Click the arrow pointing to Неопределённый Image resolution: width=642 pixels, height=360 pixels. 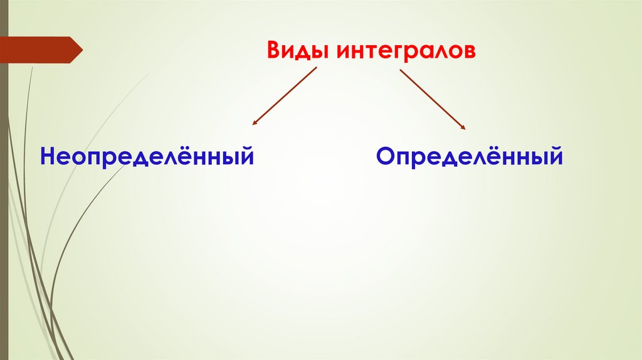click(x=285, y=96)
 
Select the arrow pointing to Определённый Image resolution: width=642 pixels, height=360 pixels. click(x=433, y=98)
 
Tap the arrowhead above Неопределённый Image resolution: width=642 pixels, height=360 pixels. click(x=255, y=123)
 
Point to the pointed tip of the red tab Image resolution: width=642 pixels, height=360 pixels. click(x=81, y=50)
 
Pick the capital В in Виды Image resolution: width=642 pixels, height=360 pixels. click(x=274, y=50)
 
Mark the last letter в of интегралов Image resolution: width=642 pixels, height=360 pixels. click(x=470, y=51)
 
